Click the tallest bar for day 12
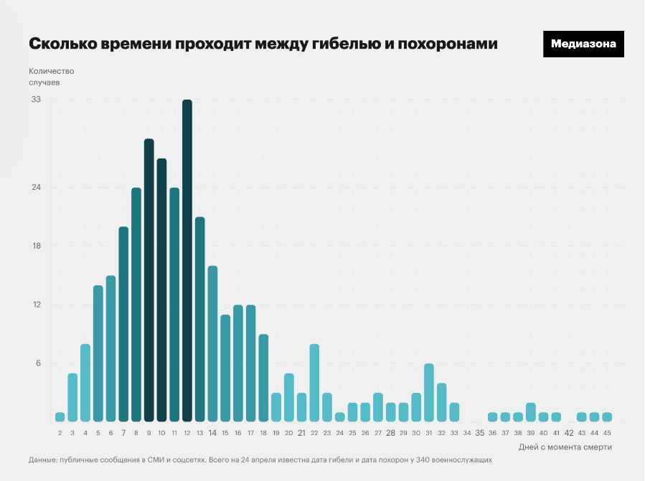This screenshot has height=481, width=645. point(187,261)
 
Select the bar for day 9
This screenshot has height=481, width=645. point(149,280)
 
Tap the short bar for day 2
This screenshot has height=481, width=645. point(60,417)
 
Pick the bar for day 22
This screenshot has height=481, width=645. point(314,383)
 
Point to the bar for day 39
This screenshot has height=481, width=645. point(531,412)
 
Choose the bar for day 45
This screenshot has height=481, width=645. point(607,417)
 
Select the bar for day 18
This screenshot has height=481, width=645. point(263,378)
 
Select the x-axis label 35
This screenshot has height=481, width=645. point(480,433)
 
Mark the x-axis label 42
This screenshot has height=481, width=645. point(569,433)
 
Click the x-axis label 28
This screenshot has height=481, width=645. point(391,433)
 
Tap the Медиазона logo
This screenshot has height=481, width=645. point(583,44)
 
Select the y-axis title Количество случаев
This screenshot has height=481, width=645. point(51,77)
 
